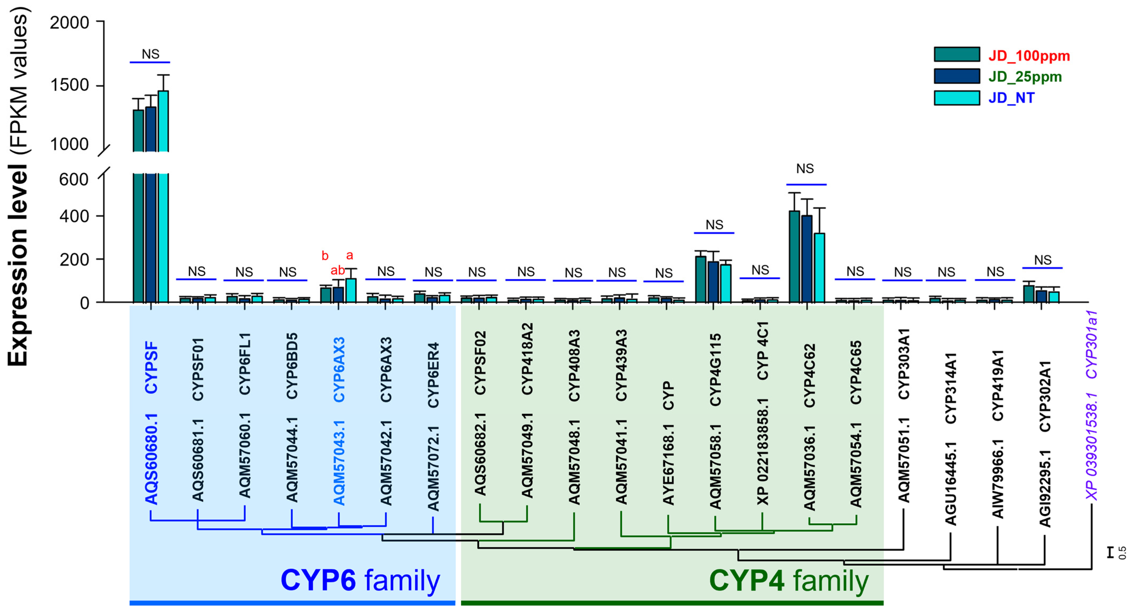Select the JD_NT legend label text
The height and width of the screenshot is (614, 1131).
pos(1011,98)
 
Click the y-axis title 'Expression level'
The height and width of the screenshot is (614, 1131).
pos(18,263)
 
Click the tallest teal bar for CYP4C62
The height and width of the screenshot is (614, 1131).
pos(794,257)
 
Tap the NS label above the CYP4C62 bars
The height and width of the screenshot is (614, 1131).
pos(805,169)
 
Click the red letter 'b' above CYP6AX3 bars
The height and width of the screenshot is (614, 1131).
pos(325,256)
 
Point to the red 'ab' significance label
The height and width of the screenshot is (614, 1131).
pos(338,270)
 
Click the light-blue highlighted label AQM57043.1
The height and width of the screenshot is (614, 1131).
pos(339,463)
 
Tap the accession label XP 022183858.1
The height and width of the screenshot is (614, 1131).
pos(763,452)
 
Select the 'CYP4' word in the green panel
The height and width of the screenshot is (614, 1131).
pos(746,580)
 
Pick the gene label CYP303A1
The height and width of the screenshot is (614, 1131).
pos(904,364)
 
